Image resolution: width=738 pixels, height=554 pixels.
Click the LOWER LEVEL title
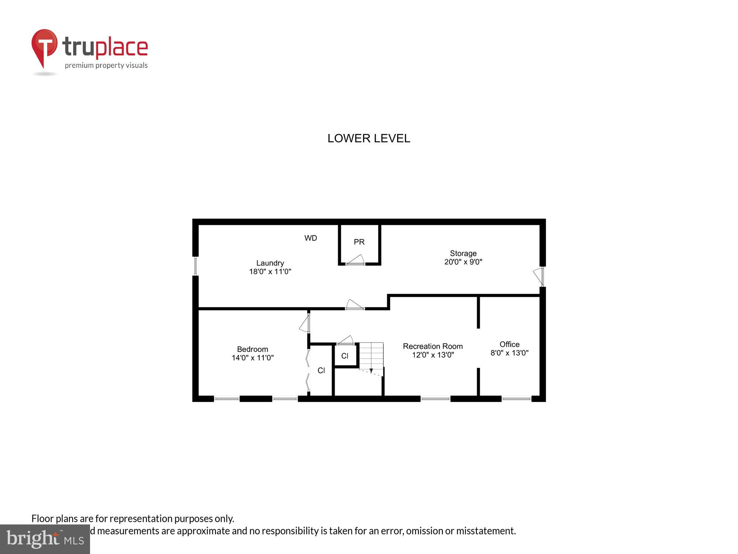point(369,138)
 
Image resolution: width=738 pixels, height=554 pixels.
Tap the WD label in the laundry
point(310,238)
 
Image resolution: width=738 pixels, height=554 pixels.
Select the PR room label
point(359,242)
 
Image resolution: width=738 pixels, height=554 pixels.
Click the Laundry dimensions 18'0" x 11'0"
point(270,272)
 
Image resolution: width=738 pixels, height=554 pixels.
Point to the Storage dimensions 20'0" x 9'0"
point(463,262)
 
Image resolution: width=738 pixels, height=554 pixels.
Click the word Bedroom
point(252,349)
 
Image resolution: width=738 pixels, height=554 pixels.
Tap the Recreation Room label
point(432,346)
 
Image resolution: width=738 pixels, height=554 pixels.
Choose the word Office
point(509,344)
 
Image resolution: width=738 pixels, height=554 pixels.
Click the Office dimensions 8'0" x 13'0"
point(509,353)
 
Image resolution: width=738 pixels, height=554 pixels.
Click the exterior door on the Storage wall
point(539,276)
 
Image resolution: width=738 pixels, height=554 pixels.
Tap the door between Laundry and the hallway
point(354,304)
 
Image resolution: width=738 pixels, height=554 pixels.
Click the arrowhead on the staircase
point(371,370)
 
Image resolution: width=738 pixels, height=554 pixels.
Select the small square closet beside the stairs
point(345,356)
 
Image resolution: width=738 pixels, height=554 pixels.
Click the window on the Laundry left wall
point(196,266)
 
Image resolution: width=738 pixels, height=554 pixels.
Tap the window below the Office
point(516,399)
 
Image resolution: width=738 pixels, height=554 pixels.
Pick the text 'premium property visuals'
point(106,66)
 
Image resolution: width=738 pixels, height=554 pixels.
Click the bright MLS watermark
point(45,539)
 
